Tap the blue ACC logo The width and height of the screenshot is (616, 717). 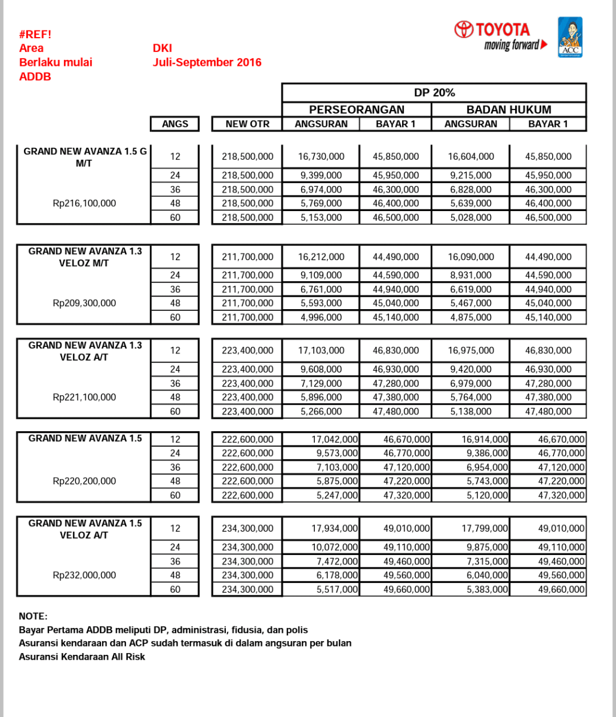tap(570, 37)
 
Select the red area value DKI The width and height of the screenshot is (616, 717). tap(163, 48)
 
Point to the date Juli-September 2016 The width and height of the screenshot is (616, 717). tap(207, 62)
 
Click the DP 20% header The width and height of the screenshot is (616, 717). tap(434, 93)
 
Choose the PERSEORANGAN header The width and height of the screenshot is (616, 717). tap(357, 109)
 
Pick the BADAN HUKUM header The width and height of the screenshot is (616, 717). tap(508, 109)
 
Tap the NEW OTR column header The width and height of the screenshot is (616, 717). tap(247, 124)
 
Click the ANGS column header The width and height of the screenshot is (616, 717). tap(175, 124)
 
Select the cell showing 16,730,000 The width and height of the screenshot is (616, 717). tap(321, 157)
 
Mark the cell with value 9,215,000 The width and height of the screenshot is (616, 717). tap(471, 176)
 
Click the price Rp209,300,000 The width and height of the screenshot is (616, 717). tap(84, 303)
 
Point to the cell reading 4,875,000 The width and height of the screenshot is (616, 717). tap(471, 318)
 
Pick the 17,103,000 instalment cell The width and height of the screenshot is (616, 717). tap(321, 350)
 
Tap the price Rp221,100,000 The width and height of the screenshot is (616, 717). tap(84, 397)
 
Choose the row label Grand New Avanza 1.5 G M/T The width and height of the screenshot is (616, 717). tap(84, 157)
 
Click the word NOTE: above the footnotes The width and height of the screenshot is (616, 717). tap(33, 617)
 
